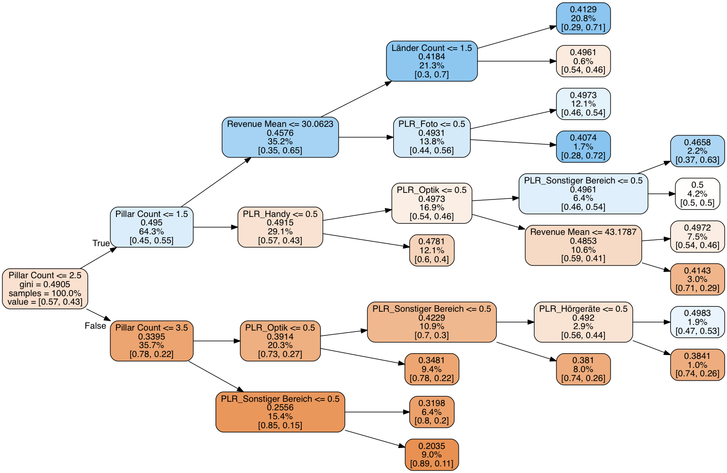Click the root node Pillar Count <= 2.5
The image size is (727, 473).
tap(45, 289)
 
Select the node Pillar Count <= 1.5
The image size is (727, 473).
tap(151, 227)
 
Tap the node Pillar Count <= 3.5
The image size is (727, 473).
tap(151, 340)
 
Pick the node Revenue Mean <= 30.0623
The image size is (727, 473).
tap(280, 137)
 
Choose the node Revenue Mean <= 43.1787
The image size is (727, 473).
tap(583, 245)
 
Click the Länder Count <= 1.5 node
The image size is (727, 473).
tap(431, 61)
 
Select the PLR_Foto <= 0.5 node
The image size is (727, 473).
tap(431, 137)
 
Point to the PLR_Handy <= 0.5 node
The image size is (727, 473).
tap(280, 227)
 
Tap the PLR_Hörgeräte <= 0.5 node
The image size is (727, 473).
tap(583, 322)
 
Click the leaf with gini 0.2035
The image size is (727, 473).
tap(431, 455)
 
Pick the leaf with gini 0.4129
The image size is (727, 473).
tap(583, 18)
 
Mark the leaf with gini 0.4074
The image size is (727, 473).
tap(583, 147)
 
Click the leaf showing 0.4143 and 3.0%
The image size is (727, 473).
tap(697, 279)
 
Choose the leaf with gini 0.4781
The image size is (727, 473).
tap(431, 250)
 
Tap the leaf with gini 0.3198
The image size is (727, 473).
tap(431, 412)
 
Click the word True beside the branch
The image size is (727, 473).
tap(101, 243)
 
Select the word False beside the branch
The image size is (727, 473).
tap(95, 326)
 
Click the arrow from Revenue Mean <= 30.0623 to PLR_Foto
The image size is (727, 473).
tap(366, 137)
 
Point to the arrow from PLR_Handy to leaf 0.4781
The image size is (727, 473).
tap(366, 241)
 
